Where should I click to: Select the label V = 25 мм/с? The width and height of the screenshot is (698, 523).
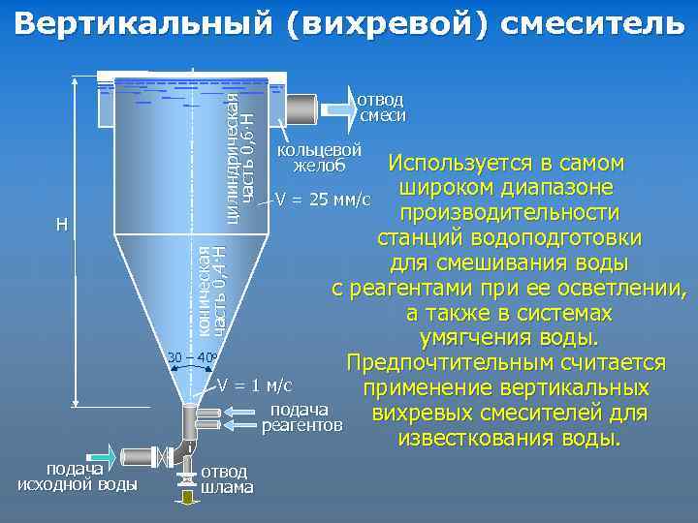click(323, 200)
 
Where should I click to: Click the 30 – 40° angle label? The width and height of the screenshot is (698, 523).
click(191, 357)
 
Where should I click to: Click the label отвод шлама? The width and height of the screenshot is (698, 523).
click(227, 479)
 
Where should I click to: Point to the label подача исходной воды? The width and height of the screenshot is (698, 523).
click(78, 476)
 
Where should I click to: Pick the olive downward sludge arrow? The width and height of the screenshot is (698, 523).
click(183, 498)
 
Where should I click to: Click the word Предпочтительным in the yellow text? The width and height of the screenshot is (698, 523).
click(438, 363)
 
